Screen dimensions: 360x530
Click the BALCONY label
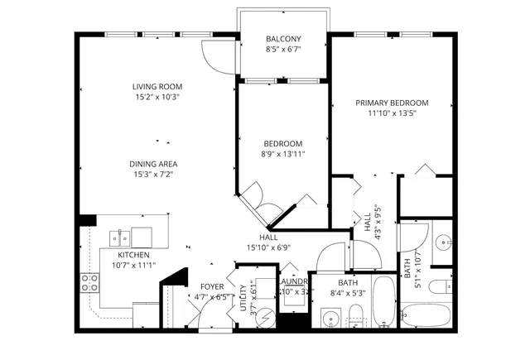(283, 39)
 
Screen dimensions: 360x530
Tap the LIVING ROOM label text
(157, 87)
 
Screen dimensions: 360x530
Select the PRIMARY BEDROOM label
(392, 103)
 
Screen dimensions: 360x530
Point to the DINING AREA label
(157, 163)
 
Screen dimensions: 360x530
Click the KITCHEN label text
(133, 255)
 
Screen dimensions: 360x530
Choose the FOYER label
(212, 286)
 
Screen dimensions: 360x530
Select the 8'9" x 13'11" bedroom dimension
(282, 153)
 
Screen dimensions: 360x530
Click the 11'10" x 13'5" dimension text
(392, 113)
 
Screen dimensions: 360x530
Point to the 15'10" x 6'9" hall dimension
(267, 247)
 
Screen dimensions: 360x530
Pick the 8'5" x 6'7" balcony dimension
(283, 50)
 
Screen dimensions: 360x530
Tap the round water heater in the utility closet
(265, 315)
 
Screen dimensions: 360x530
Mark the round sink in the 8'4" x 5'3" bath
(331, 315)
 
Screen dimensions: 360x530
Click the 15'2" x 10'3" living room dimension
(157, 97)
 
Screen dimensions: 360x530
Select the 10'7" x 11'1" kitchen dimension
(133, 265)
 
